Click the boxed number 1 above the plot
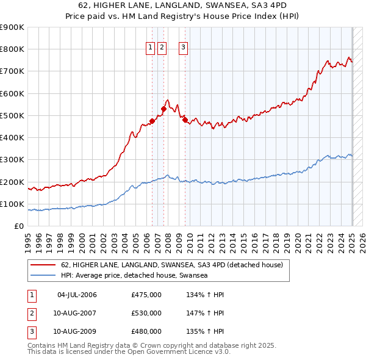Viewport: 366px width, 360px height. point(150,49)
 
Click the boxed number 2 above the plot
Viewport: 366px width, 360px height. point(162,49)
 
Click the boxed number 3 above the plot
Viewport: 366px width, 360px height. point(184,49)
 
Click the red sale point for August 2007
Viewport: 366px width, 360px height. point(163,109)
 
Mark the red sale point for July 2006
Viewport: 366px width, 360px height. point(152,121)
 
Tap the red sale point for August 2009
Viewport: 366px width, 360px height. point(185,120)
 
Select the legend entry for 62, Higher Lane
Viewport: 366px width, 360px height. point(172,265)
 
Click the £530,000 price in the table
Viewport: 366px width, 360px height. point(146,313)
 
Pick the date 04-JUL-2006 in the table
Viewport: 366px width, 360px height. point(77,295)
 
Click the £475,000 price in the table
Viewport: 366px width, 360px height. point(146,295)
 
